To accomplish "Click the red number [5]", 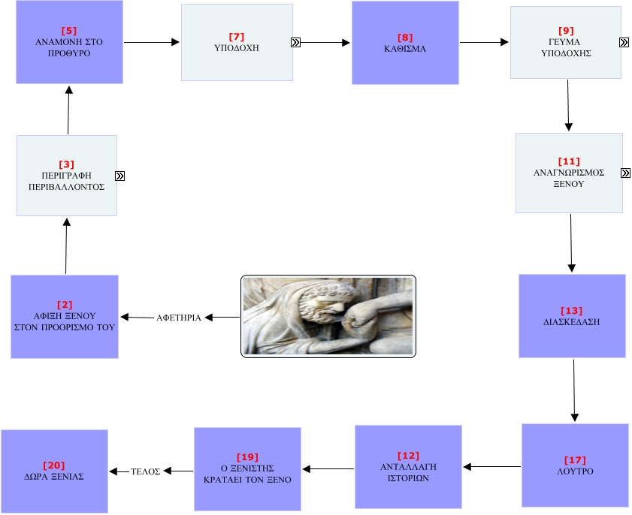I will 69,31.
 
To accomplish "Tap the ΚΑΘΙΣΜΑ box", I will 405,42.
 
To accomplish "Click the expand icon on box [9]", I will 624,43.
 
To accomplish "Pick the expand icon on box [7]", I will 296,42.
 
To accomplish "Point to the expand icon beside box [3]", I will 120,176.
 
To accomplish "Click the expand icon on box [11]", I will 626,173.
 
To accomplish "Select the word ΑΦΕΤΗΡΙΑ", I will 178,318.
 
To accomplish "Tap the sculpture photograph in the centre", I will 328,315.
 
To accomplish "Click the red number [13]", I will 571,311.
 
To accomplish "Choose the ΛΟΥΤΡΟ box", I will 575,465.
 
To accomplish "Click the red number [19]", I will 247,456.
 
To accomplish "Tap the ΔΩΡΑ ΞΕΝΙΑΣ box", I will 54,471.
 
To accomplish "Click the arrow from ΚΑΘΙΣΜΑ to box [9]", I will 484,43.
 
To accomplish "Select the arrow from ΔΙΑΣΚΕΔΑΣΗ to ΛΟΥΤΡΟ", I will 575,390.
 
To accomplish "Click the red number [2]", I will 65,305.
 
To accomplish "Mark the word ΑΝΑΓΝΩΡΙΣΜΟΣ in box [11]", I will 568,172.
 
